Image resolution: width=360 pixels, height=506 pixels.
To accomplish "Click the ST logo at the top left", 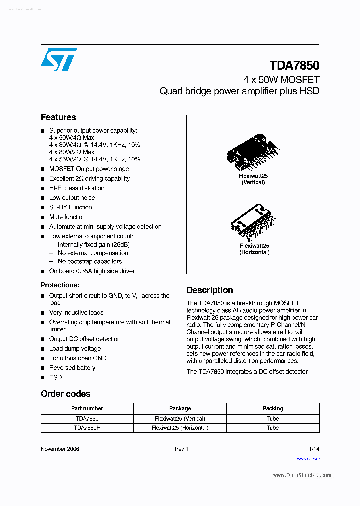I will (59, 59).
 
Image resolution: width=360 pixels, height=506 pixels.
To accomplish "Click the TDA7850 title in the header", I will (294, 66).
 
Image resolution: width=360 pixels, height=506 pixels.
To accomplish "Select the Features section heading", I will (58, 117).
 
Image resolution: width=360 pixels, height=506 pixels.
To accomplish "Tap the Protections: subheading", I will (60, 285).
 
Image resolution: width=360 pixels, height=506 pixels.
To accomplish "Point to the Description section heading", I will (210, 290).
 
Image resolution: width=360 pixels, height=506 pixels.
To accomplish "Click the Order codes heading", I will (65, 394).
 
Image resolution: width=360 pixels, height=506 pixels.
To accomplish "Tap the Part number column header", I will (87, 408).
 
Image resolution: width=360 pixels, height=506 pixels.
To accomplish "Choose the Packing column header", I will (273, 408).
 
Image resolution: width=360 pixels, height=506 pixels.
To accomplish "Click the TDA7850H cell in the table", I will (87, 428).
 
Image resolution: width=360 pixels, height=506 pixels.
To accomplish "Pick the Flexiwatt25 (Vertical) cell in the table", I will (180, 419).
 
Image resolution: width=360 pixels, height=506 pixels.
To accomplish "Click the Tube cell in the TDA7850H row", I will (273, 428).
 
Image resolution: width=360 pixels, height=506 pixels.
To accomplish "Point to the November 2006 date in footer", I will (60, 449).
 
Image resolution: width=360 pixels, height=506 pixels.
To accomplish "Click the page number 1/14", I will (314, 449).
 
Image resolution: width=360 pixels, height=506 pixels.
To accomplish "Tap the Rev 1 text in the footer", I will (181, 449).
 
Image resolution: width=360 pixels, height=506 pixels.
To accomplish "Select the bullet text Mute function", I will (67, 217).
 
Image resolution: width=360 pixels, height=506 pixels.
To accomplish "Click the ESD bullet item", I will (55, 377).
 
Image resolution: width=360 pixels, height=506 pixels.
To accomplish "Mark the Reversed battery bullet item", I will (72, 368).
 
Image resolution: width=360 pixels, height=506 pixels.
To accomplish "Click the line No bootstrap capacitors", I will (90, 261).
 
